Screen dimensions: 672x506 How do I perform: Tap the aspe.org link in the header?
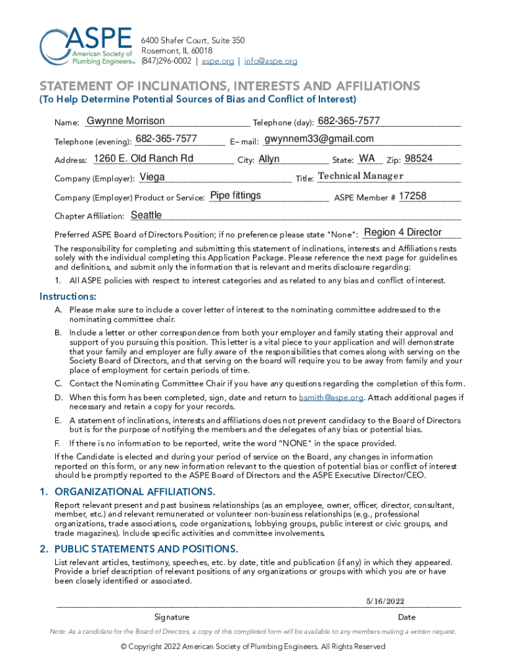tap(218, 61)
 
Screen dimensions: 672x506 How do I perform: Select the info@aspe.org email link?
tap(271, 61)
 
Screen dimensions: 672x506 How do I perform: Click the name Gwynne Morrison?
tap(126, 121)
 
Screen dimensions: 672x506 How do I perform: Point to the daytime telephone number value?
tap(348, 121)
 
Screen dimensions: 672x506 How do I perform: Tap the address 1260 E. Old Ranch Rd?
tap(144, 158)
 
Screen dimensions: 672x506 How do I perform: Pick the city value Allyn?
tap(269, 159)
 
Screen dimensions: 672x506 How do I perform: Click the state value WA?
tap(367, 158)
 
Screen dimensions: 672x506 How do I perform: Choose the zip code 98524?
tap(419, 158)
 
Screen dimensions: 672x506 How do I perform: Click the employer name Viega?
tap(152, 177)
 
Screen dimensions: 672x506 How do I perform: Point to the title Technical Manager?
tap(360, 176)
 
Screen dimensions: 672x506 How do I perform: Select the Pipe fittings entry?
tap(235, 196)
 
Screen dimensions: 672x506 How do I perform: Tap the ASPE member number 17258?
tap(413, 196)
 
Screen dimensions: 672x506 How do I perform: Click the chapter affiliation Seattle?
tap(147, 215)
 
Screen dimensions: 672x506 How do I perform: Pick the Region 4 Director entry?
tap(403, 232)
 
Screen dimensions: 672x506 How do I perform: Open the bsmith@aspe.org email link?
tap(331, 398)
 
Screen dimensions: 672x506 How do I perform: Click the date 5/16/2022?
tap(385, 601)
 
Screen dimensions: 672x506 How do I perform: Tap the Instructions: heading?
tap(68, 296)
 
